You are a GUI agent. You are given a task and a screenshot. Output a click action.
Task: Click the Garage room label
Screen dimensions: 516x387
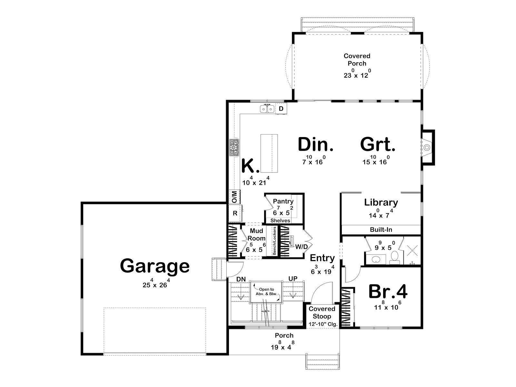[x=155, y=266]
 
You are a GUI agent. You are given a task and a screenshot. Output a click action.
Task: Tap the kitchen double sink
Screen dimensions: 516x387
[x=267, y=109]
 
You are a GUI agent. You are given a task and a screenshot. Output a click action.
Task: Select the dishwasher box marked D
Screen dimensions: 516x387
[x=281, y=109]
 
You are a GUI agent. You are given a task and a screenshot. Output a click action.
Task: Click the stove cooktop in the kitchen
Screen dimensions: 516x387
[x=234, y=147]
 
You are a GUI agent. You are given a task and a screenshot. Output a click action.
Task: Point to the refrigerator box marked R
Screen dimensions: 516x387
[x=235, y=213]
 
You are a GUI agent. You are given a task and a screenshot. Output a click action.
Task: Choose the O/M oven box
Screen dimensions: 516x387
[x=234, y=197]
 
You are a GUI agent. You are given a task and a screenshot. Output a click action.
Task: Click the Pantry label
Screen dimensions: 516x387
[x=283, y=201]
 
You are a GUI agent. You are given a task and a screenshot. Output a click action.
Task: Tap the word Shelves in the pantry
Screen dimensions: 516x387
[x=280, y=221]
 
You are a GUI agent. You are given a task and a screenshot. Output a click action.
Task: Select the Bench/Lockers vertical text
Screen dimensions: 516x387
[x=274, y=241]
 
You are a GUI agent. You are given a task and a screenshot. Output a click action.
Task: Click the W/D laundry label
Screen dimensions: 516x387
[x=301, y=247]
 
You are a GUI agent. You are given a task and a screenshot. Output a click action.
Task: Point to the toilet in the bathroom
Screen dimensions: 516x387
[x=394, y=257]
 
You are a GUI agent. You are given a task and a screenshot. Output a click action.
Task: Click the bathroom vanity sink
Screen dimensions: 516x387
[x=376, y=259]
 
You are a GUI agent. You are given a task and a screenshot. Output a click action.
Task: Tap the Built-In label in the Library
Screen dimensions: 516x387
[x=381, y=230]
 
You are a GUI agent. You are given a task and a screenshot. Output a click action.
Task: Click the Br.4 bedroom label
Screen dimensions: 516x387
[x=388, y=292]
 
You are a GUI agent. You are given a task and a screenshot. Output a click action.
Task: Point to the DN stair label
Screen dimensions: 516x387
[x=241, y=279]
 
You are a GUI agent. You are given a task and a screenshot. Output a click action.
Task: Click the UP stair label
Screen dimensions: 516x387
[x=293, y=279]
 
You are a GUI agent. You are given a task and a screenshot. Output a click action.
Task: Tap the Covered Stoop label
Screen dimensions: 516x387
[x=322, y=312]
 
